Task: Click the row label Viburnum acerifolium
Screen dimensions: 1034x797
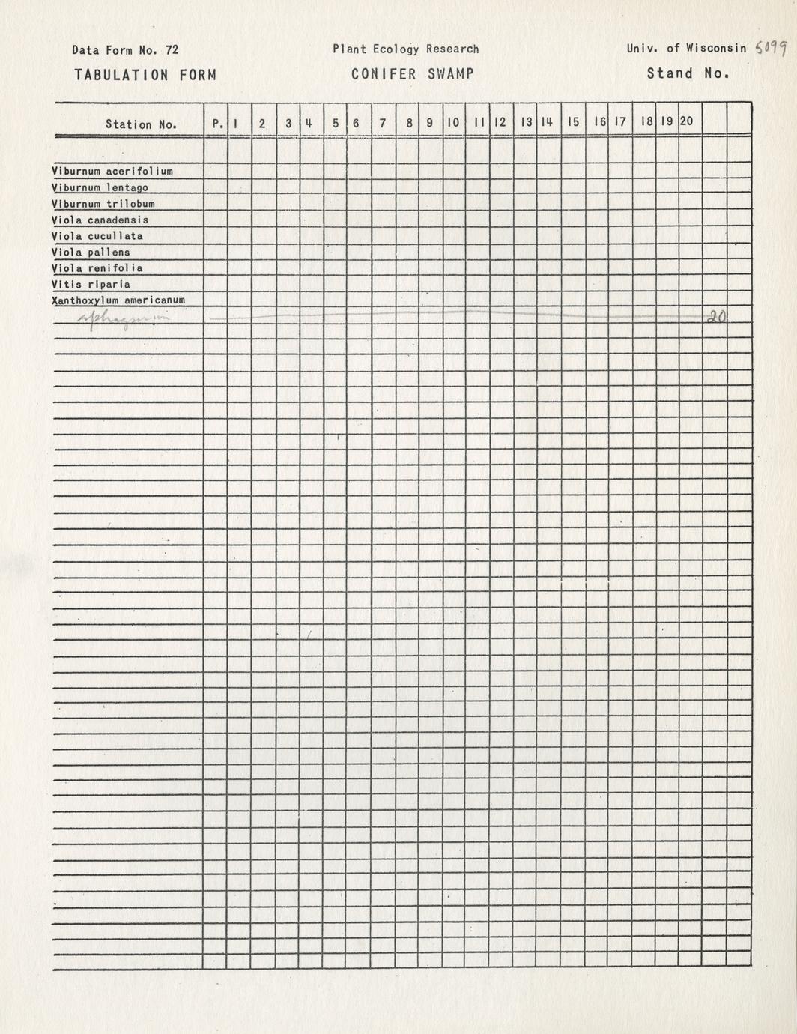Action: click(112, 171)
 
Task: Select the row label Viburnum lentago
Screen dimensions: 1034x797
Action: click(100, 187)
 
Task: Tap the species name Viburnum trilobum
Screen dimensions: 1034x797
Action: click(103, 204)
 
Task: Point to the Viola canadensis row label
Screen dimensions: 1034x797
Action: click(100, 220)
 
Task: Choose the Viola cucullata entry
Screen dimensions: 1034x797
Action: click(97, 236)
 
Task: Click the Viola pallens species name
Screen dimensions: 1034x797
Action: click(91, 253)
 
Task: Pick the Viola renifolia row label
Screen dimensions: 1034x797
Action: click(97, 268)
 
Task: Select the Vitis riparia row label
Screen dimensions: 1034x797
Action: click(91, 285)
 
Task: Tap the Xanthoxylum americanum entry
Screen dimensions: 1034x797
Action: click(118, 300)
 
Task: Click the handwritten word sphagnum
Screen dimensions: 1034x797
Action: click(124, 318)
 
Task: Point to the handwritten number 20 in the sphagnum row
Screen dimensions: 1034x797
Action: click(716, 317)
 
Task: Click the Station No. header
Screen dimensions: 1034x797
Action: click(141, 124)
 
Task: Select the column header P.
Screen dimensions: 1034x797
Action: click(217, 123)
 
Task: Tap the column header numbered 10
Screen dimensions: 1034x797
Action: click(453, 122)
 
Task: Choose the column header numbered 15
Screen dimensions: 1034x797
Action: click(573, 121)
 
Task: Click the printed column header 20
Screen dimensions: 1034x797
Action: click(686, 121)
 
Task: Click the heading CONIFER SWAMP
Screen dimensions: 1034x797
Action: click(412, 74)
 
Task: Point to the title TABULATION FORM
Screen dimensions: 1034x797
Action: click(145, 75)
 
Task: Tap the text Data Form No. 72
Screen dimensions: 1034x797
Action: click(125, 50)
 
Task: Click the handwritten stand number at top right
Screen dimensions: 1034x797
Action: click(771, 49)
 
